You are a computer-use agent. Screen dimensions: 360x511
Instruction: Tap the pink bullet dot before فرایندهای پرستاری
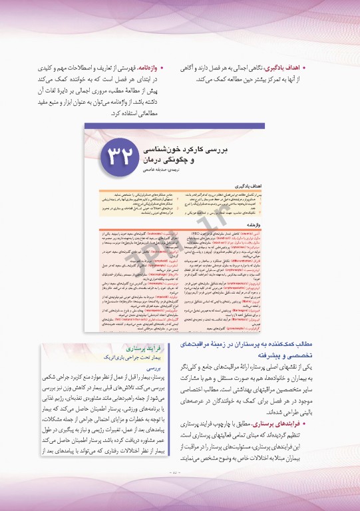(x=307, y=423)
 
